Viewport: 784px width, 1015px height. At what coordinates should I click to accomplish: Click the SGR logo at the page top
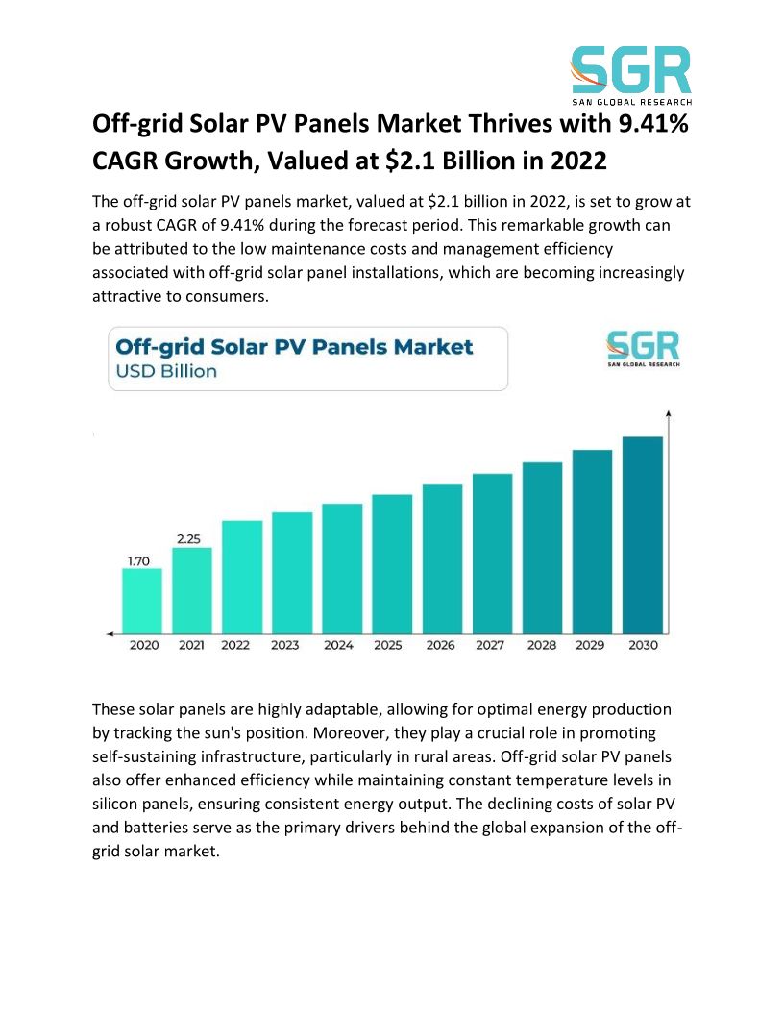point(630,73)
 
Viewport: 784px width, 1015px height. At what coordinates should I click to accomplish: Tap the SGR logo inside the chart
point(642,349)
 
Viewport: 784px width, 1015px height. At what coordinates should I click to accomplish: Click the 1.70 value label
point(139,561)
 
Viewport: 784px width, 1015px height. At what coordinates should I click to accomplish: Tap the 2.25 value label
point(188,539)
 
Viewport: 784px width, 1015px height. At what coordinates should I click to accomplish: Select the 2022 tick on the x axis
point(235,645)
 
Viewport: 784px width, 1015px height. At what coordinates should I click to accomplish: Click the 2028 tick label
point(541,645)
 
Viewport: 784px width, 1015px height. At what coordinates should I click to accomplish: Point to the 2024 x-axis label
point(338,645)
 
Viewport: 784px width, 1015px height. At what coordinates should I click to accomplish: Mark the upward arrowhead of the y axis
point(669,414)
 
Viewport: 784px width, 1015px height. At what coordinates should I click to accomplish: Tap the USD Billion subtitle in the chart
point(166,371)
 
